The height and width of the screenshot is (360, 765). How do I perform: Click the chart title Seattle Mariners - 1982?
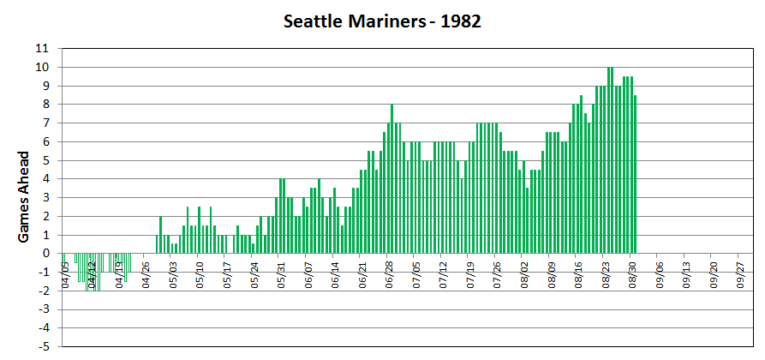coord(382,21)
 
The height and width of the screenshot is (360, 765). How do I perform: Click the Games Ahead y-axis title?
coord(25,197)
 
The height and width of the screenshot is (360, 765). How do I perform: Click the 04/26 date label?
coord(146,273)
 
